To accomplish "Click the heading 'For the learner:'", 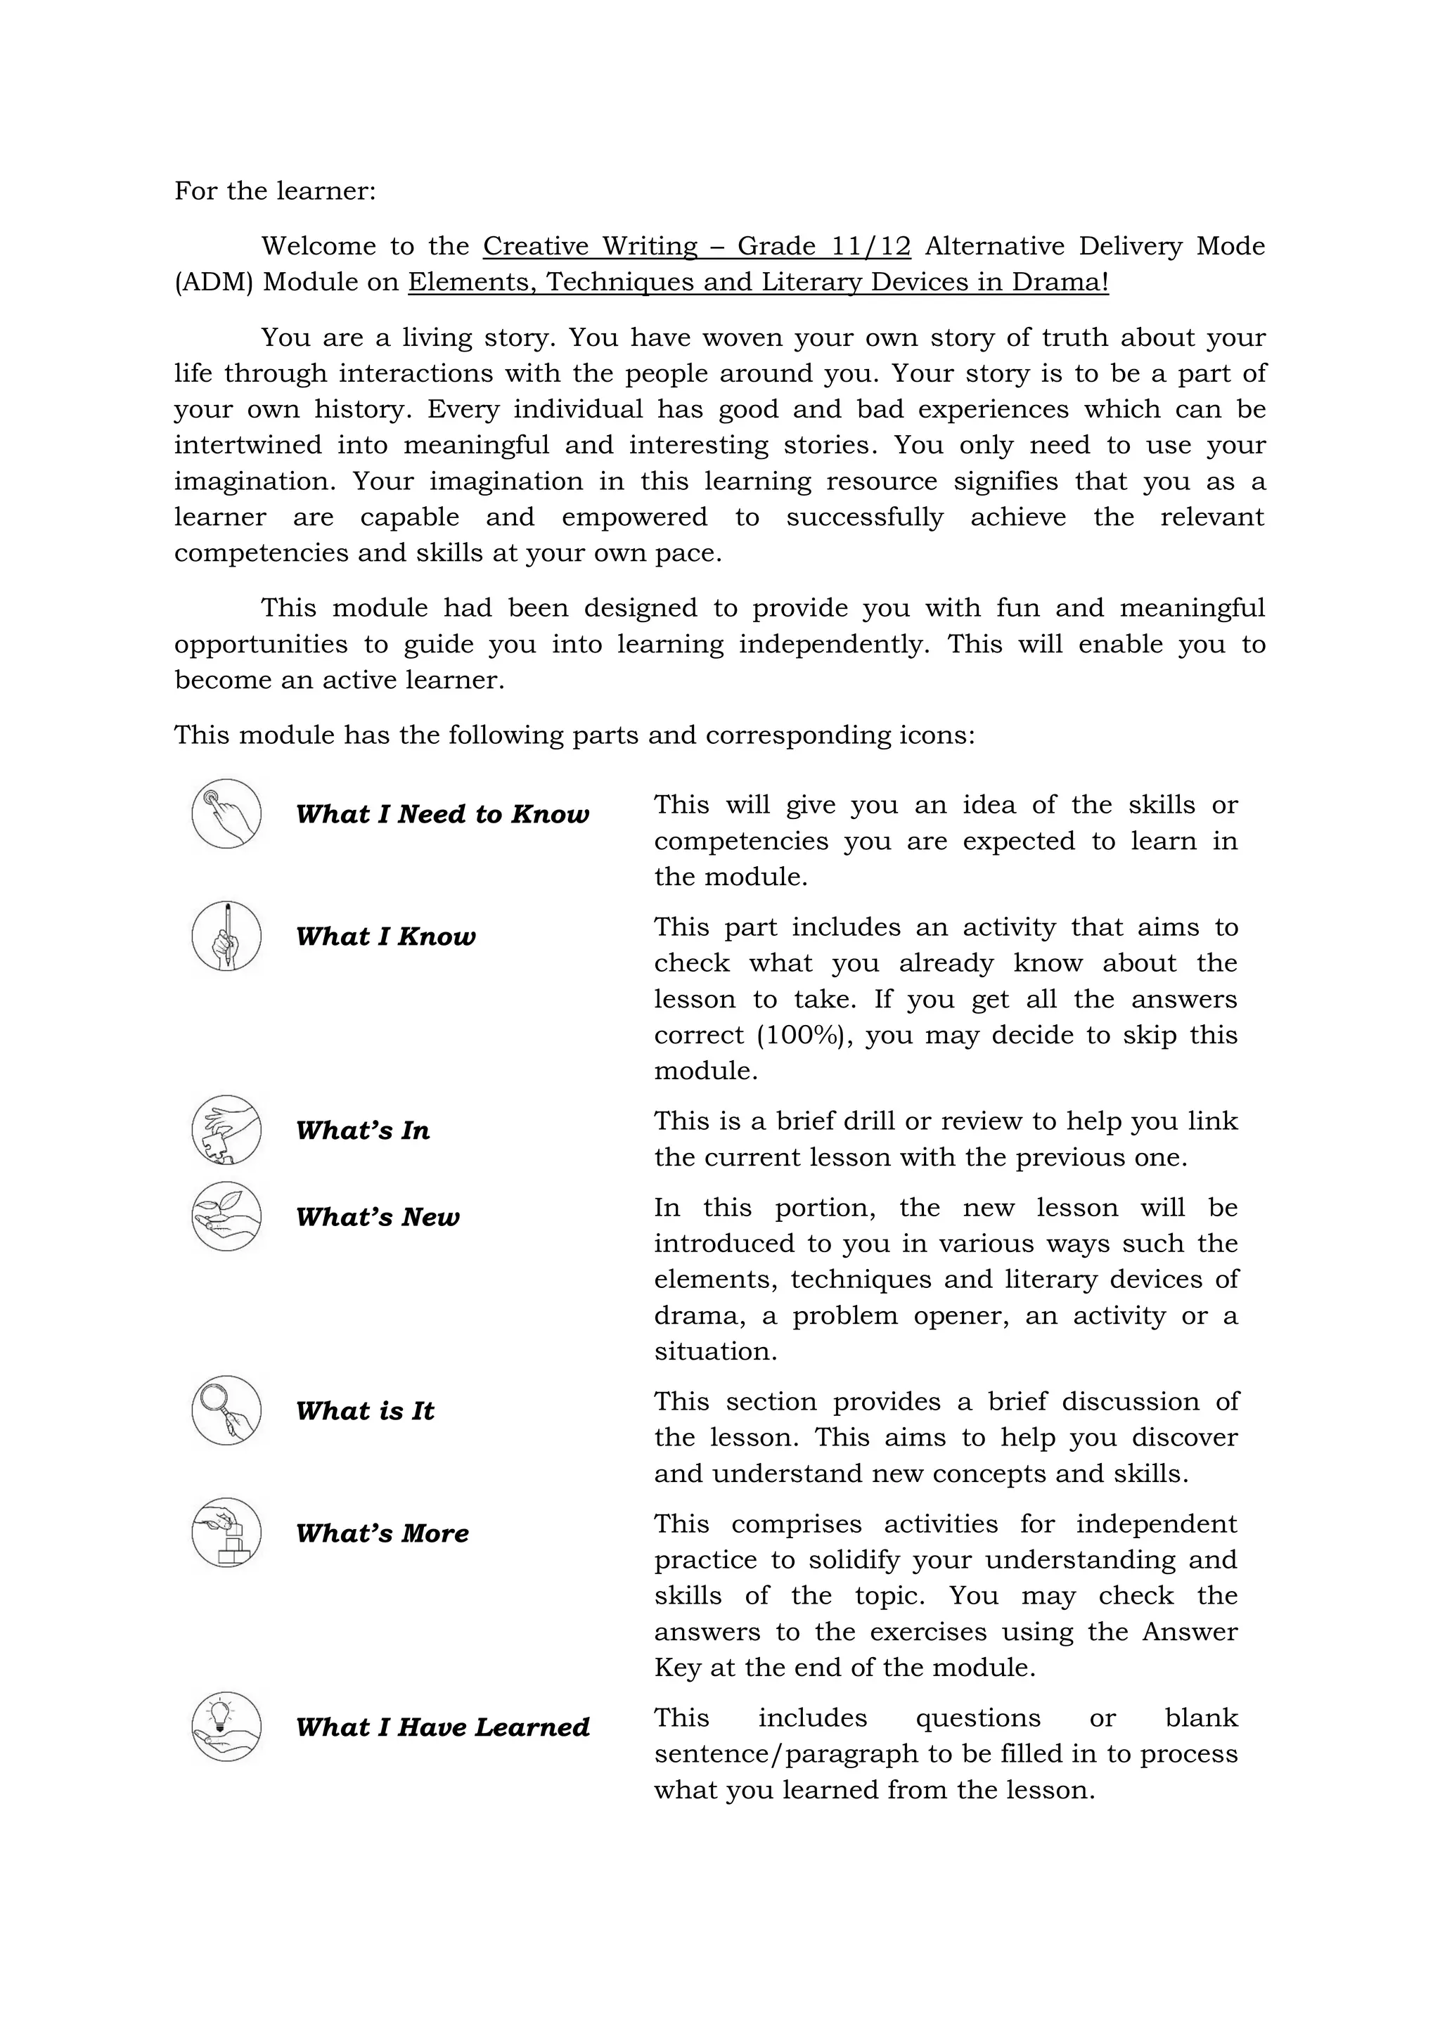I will (275, 191).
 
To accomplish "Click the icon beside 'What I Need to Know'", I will (226, 813).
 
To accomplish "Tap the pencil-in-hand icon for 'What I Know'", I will (226, 936).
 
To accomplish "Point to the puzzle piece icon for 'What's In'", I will (226, 1130).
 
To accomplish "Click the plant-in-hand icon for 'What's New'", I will (226, 1216).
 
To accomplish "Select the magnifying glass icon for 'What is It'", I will (226, 1410).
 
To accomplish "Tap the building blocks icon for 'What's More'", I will (226, 1533).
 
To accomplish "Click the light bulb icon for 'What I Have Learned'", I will (226, 1727).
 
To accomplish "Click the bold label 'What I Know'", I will (386, 936).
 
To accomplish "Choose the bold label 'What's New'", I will (378, 1217).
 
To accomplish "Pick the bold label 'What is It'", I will (366, 1411).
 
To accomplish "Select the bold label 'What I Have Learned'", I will (442, 1727).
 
